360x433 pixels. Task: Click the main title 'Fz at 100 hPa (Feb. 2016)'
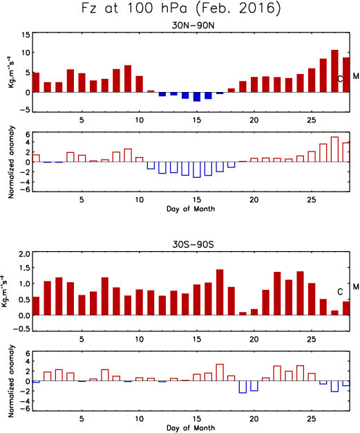[181, 8]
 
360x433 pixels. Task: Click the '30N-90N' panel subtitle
[193, 26]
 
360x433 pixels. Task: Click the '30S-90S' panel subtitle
[193, 245]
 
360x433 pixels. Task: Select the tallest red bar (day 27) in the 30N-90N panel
[334, 71]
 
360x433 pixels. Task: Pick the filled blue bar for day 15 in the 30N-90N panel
[197, 97]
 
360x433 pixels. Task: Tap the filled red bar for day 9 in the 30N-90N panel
[128, 79]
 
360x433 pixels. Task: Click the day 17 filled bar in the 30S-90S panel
[220, 292]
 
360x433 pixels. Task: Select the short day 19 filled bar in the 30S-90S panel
[243, 314]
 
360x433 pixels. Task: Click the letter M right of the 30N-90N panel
[356, 76]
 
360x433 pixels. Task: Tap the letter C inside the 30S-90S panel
[340, 292]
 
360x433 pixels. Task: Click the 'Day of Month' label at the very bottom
[191, 427]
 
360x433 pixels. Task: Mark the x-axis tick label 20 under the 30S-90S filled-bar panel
[254, 340]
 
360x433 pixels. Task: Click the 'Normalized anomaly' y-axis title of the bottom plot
[11, 381]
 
